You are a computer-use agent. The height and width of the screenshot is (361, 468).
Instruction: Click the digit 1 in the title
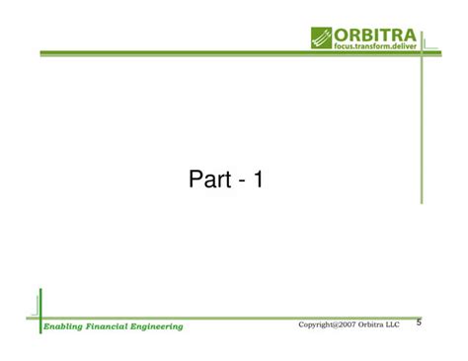tap(258, 180)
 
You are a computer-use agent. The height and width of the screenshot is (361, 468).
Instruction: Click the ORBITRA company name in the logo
tap(376, 36)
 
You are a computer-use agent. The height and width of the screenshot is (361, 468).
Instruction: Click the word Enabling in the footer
tap(64, 326)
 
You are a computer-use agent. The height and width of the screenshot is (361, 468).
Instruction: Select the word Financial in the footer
tap(108, 326)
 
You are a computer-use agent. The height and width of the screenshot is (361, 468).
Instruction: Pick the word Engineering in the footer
tap(156, 326)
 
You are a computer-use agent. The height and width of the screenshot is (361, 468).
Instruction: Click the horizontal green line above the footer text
tap(227, 318)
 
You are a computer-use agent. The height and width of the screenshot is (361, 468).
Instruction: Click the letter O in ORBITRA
tap(342, 36)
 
